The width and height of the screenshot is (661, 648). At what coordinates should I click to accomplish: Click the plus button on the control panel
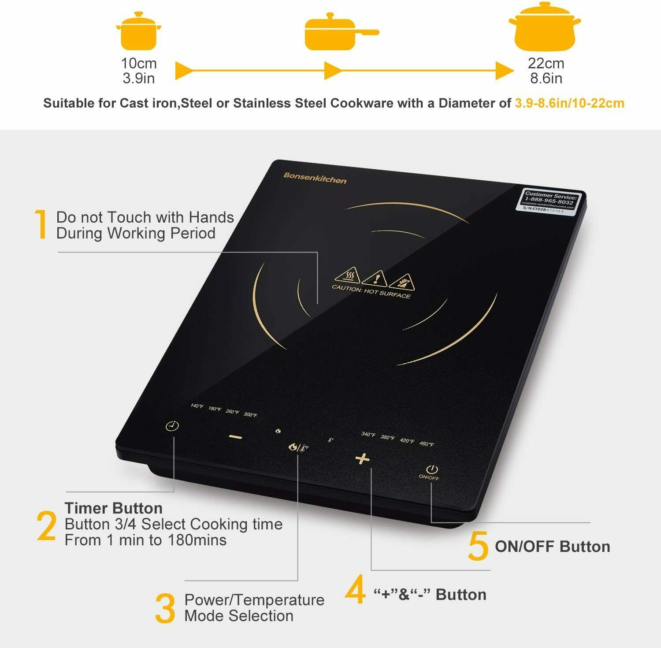(362, 459)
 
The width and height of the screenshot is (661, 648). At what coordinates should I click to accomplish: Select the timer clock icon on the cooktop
(172, 426)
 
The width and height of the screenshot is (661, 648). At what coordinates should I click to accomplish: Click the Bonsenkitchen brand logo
(315, 178)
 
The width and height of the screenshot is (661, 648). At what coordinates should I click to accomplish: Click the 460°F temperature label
(427, 443)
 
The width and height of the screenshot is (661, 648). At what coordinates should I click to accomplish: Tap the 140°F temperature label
(197, 406)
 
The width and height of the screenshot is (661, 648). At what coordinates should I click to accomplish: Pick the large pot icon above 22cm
(545, 28)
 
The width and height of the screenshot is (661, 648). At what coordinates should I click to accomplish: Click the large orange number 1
(41, 224)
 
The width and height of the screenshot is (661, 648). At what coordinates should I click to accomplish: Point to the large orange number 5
(478, 546)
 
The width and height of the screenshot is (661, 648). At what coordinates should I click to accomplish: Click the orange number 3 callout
(165, 608)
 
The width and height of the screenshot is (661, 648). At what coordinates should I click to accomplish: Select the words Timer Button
(114, 508)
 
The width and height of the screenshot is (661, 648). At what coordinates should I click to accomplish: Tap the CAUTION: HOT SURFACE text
(371, 291)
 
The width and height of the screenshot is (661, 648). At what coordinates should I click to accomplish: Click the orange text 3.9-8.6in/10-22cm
(569, 103)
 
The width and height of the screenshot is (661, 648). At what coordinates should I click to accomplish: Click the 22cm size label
(546, 63)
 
